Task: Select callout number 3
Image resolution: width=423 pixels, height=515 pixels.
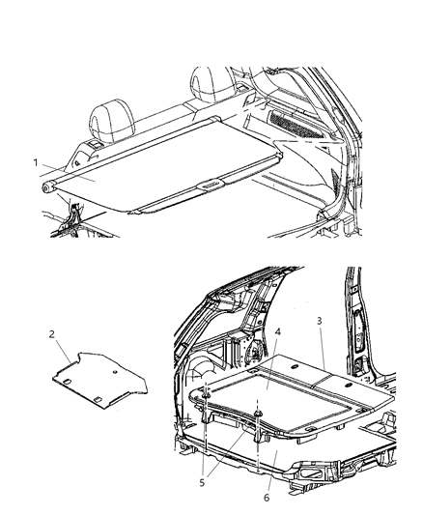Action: pyautogui.click(x=321, y=345)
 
